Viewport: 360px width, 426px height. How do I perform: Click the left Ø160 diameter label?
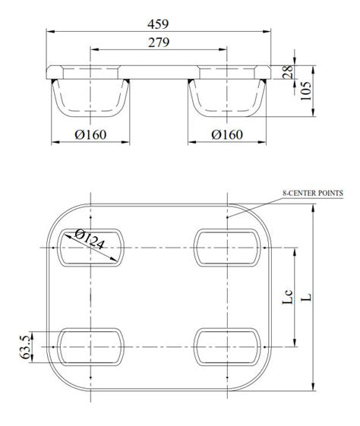[90, 135]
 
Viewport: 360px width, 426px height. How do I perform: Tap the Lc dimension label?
[288, 297]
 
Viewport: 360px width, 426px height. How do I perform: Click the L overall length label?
[307, 297]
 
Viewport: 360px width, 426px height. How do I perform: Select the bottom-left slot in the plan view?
[90, 346]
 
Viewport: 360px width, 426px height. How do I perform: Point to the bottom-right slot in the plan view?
[228, 346]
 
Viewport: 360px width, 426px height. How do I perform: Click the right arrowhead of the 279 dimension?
[225, 50]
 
